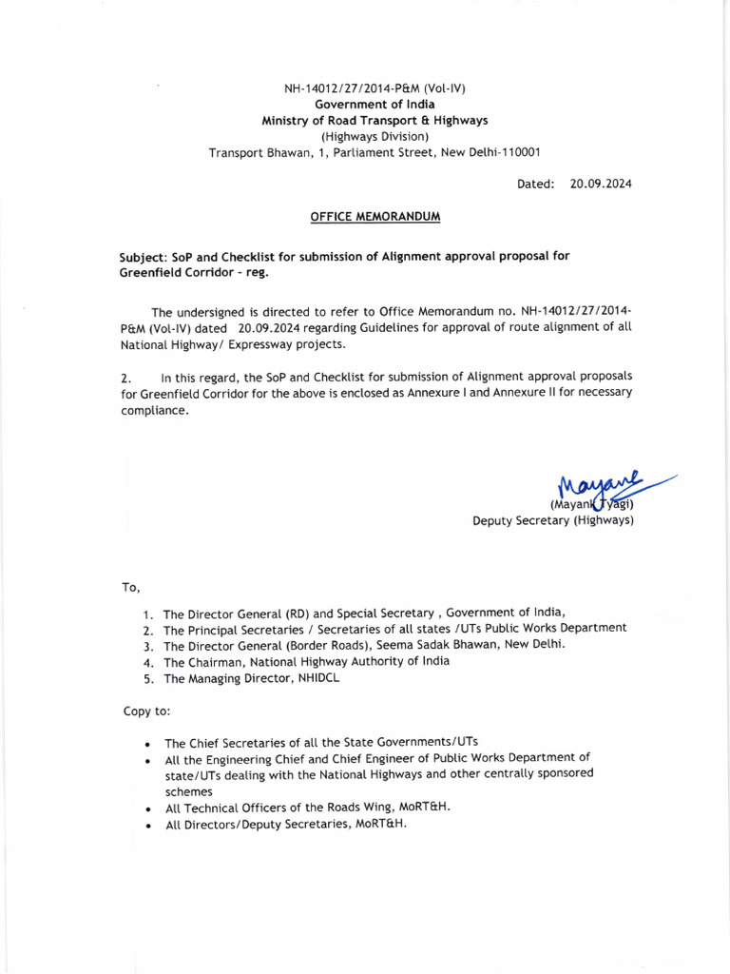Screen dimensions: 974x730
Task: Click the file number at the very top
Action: [x=375, y=88]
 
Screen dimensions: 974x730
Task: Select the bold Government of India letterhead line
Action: [x=375, y=105]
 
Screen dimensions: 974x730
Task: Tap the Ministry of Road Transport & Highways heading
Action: [x=375, y=121]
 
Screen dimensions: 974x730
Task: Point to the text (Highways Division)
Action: [x=375, y=136]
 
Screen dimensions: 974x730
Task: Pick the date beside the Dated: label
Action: [x=601, y=184]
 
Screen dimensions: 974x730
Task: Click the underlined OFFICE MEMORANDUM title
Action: [x=375, y=217]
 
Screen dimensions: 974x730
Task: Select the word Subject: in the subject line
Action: [x=143, y=257]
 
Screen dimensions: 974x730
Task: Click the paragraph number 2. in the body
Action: [x=126, y=378]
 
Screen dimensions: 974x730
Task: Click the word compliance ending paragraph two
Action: [x=154, y=411]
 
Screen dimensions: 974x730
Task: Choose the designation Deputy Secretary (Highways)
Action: [x=553, y=520]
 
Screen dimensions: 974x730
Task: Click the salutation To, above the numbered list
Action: [x=130, y=588]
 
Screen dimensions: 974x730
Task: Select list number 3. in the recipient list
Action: [x=148, y=646]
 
